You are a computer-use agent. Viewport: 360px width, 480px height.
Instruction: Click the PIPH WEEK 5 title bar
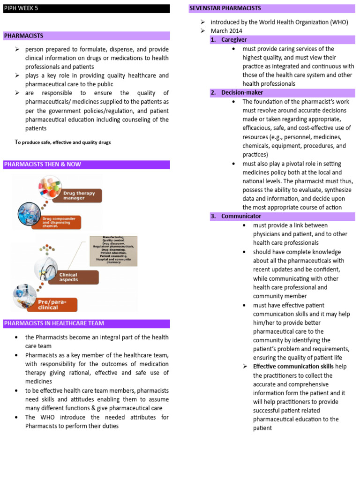(86, 8)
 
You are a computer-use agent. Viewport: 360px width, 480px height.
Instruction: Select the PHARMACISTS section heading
(86, 36)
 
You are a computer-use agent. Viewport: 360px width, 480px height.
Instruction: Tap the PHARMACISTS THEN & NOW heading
(86, 165)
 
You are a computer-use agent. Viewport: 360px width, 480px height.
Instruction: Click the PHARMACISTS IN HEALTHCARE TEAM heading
(86, 323)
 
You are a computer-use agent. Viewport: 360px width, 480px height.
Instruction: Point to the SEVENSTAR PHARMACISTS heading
(271, 8)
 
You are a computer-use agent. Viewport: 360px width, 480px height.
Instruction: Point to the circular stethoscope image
(46, 269)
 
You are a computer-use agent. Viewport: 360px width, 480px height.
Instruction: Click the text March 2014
(226, 31)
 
